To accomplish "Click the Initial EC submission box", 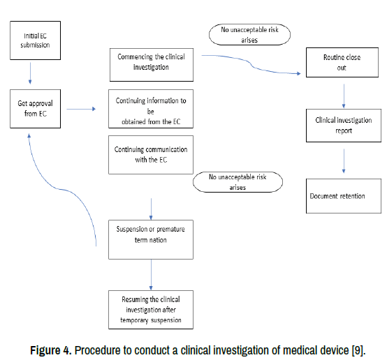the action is [x=36, y=40].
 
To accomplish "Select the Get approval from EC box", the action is [x=36, y=109].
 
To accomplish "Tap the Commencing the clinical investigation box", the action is [x=152, y=65].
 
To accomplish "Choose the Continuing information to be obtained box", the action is [x=151, y=109].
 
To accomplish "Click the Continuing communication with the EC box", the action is [x=151, y=155].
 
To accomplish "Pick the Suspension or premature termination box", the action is [x=151, y=239].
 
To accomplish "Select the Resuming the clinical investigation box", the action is [x=151, y=310].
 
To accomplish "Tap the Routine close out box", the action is [x=342, y=62].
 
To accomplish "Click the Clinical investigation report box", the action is [x=344, y=126].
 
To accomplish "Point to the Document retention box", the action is [x=344, y=196].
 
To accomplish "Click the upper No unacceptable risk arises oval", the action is [x=249, y=34].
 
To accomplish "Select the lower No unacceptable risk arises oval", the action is [x=238, y=182].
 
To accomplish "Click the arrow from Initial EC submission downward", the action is [x=30, y=73].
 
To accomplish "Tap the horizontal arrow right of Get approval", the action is [x=81, y=109].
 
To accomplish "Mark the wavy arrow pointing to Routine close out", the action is [x=251, y=66].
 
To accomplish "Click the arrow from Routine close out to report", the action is [x=344, y=96].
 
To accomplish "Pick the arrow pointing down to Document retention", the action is [x=344, y=160].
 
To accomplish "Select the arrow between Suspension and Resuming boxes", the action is [x=151, y=275].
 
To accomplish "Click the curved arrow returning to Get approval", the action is [x=58, y=189].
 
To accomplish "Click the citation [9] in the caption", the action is [x=358, y=350].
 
